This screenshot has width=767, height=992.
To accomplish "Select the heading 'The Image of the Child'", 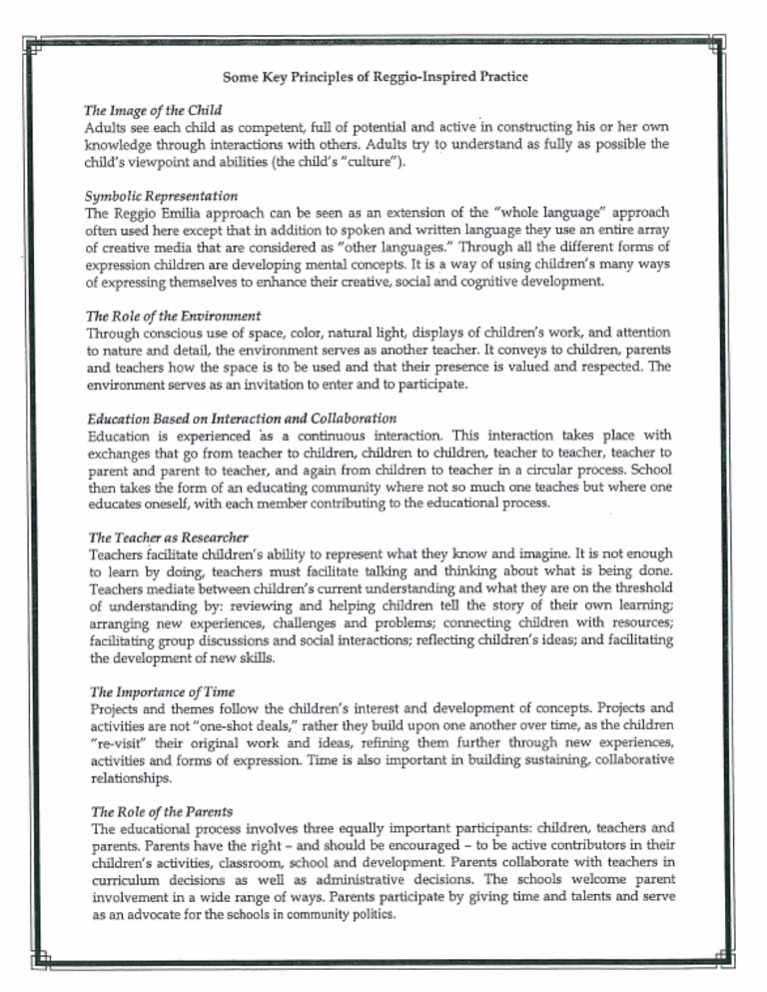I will point(155,109).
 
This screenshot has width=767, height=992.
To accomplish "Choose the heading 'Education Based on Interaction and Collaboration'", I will point(243,418).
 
